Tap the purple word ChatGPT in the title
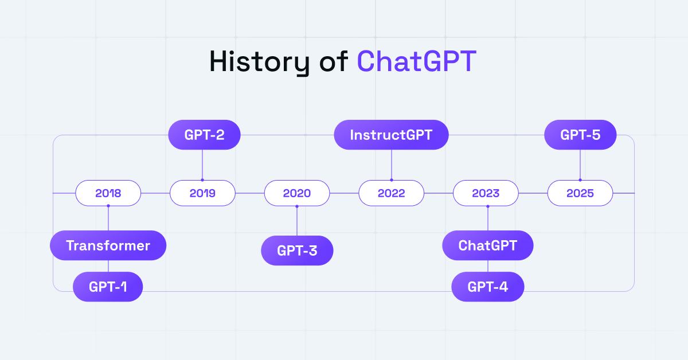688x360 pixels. (416, 62)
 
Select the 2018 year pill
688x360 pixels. (108, 193)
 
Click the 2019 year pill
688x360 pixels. (202, 193)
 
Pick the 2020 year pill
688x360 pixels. (297, 193)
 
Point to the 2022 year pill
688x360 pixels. (391, 193)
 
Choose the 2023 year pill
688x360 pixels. (486, 193)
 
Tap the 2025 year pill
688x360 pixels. (580, 193)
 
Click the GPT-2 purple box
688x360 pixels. (204, 135)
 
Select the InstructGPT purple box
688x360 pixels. (391, 135)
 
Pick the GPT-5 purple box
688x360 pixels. (580, 135)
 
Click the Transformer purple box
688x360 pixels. (108, 246)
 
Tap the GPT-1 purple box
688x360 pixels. (108, 287)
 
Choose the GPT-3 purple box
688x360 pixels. (297, 251)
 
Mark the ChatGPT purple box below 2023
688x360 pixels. (487, 246)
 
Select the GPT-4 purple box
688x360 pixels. (487, 287)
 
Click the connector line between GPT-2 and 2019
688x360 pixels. (202, 165)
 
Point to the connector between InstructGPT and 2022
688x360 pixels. (391, 165)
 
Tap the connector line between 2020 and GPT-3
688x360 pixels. (297, 221)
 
